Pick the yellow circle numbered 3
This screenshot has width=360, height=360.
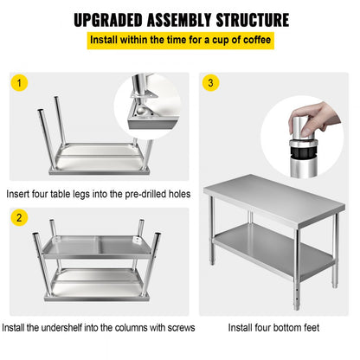210,84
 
